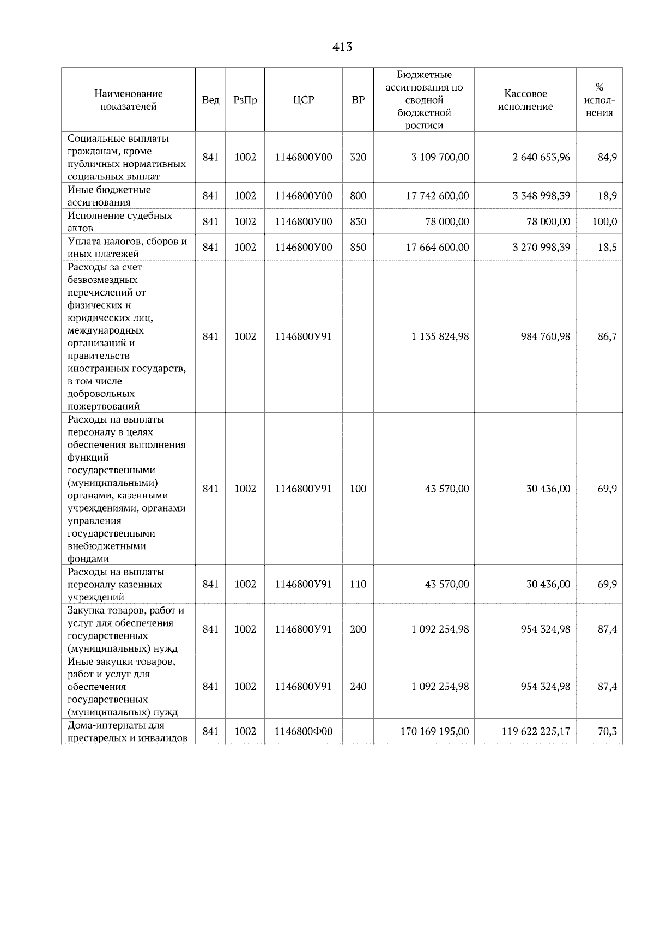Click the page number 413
pyautogui.click(x=342, y=47)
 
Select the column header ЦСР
pyautogui.click(x=304, y=100)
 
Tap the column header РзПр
pyautogui.click(x=245, y=100)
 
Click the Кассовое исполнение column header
pyautogui.click(x=525, y=100)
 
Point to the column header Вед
pyautogui.click(x=210, y=100)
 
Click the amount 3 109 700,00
pyautogui.click(x=440, y=157)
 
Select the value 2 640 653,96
pyautogui.click(x=541, y=157)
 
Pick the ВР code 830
pyautogui.click(x=358, y=221)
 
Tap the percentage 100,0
pyautogui.click(x=604, y=221)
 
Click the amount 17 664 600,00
pyautogui.click(x=438, y=247)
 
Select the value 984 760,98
pyautogui.click(x=546, y=336)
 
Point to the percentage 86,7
pyautogui.click(x=607, y=336)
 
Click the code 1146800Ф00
pyautogui.click(x=304, y=731)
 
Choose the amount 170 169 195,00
pyautogui.click(x=435, y=731)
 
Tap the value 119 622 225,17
pyautogui.click(x=536, y=731)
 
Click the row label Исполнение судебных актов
pyautogui.click(x=120, y=221)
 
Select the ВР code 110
pyautogui.click(x=358, y=584)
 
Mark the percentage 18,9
pyautogui.click(x=607, y=196)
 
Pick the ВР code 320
pyautogui.click(x=358, y=157)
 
